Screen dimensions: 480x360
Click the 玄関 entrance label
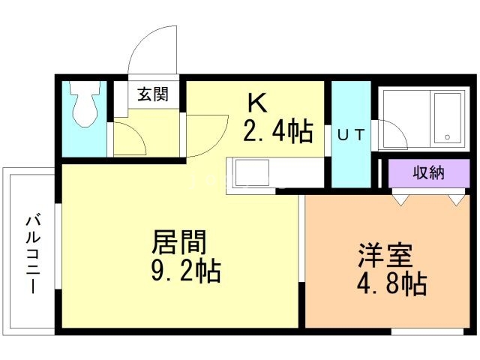click(x=153, y=94)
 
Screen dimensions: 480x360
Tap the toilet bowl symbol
click(x=85, y=104)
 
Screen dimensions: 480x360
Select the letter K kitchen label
click(x=257, y=103)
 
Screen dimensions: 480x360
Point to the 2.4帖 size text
click(x=278, y=131)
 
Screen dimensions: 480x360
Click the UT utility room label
click(x=351, y=135)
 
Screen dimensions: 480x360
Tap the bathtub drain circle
click(x=447, y=137)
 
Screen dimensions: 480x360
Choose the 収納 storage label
click(x=428, y=173)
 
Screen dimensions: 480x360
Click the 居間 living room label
click(x=179, y=242)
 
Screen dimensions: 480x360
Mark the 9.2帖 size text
click(x=186, y=270)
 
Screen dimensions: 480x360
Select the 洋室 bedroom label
click(x=385, y=255)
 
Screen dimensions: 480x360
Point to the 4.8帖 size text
click(x=392, y=283)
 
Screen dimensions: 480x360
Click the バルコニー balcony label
click(x=33, y=255)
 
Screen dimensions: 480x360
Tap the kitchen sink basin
click(x=251, y=173)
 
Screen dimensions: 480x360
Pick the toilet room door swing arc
click(x=136, y=133)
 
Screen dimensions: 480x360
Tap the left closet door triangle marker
click(x=401, y=200)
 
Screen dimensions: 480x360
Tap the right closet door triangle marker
click(x=457, y=200)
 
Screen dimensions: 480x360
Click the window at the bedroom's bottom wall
click(x=427, y=331)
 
